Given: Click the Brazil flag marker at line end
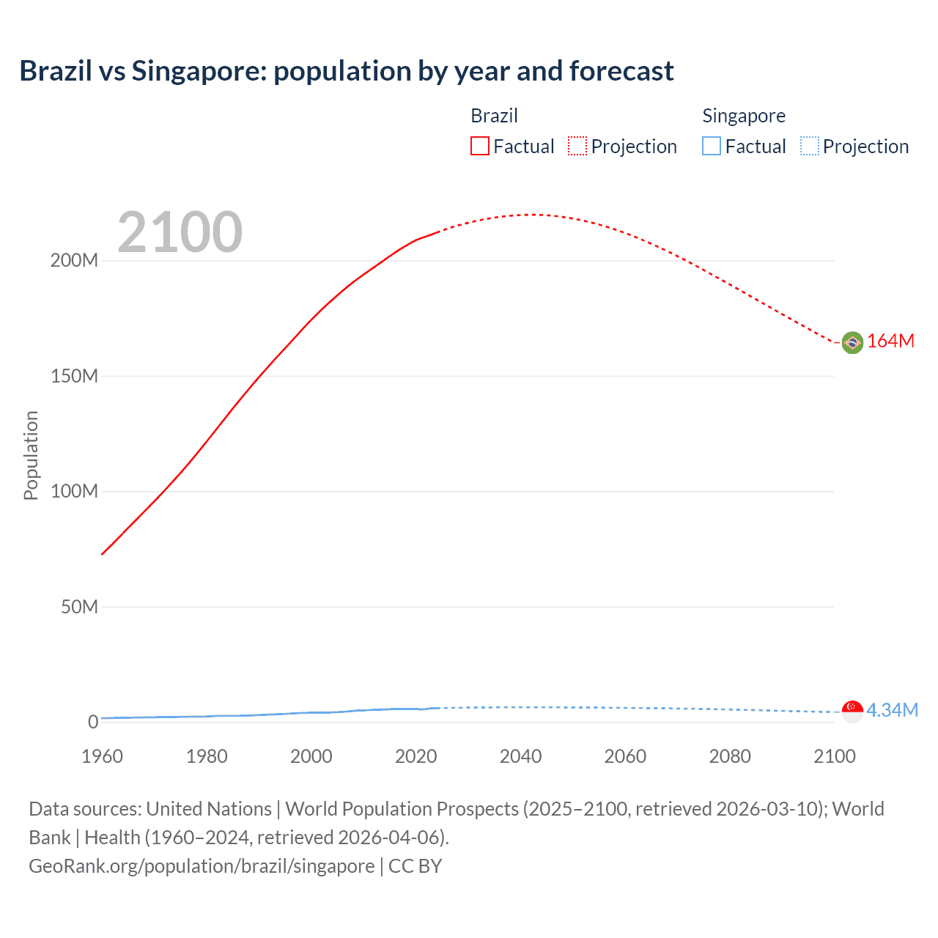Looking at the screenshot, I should point(852,342).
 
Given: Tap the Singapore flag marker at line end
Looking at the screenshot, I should point(852,711).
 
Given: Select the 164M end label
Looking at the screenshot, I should point(891,341).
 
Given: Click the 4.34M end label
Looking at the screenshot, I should point(893,711).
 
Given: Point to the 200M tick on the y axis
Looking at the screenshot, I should point(74,261).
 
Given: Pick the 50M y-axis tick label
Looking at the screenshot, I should point(79,607).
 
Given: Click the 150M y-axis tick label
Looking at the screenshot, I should point(74,377).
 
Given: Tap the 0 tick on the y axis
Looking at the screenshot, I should point(93,723).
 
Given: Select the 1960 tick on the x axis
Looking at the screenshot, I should point(102,756).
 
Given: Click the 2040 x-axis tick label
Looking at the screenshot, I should point(520,756).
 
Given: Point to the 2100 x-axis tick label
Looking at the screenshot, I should point(834,756).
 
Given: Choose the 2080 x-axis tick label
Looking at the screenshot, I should point(730,756).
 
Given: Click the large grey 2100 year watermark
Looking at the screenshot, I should point(180,232).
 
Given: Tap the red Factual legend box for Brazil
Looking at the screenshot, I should point(480,147).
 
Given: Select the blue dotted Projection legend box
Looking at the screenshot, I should point(810,147).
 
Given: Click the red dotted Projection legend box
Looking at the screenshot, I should point(577,147).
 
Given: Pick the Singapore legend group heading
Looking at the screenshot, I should point(744,116).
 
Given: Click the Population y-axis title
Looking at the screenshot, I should point(31,455).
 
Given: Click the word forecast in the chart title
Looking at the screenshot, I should point(621,71).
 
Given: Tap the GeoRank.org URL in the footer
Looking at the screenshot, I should point(202,866).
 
